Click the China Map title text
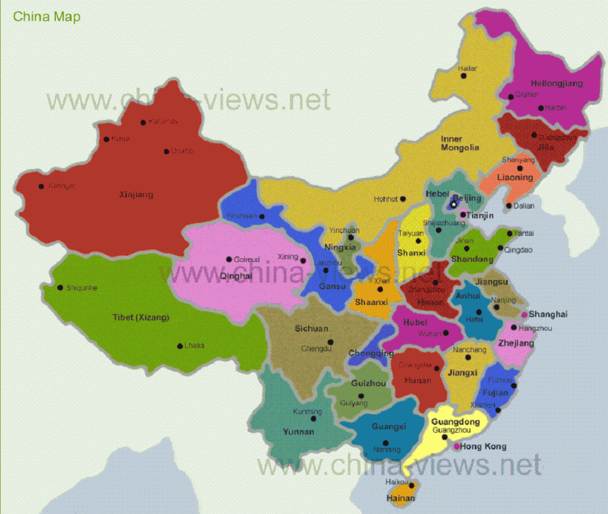[47, 16]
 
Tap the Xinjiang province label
[136, 194]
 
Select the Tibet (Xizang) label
[141, 317]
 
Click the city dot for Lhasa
[179, 346]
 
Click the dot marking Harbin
[540, 108]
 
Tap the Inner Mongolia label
[460, 143]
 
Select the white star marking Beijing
[454, 204]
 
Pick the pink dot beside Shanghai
[525, 314]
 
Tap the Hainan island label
[400, 498]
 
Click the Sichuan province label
[311, 328]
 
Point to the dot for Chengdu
[330, 342]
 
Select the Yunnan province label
[298, 431]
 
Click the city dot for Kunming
[313, 418]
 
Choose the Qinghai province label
[236, 276]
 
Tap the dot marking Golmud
[229, 259]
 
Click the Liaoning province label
[515, 177]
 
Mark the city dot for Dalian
[508, 206]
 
